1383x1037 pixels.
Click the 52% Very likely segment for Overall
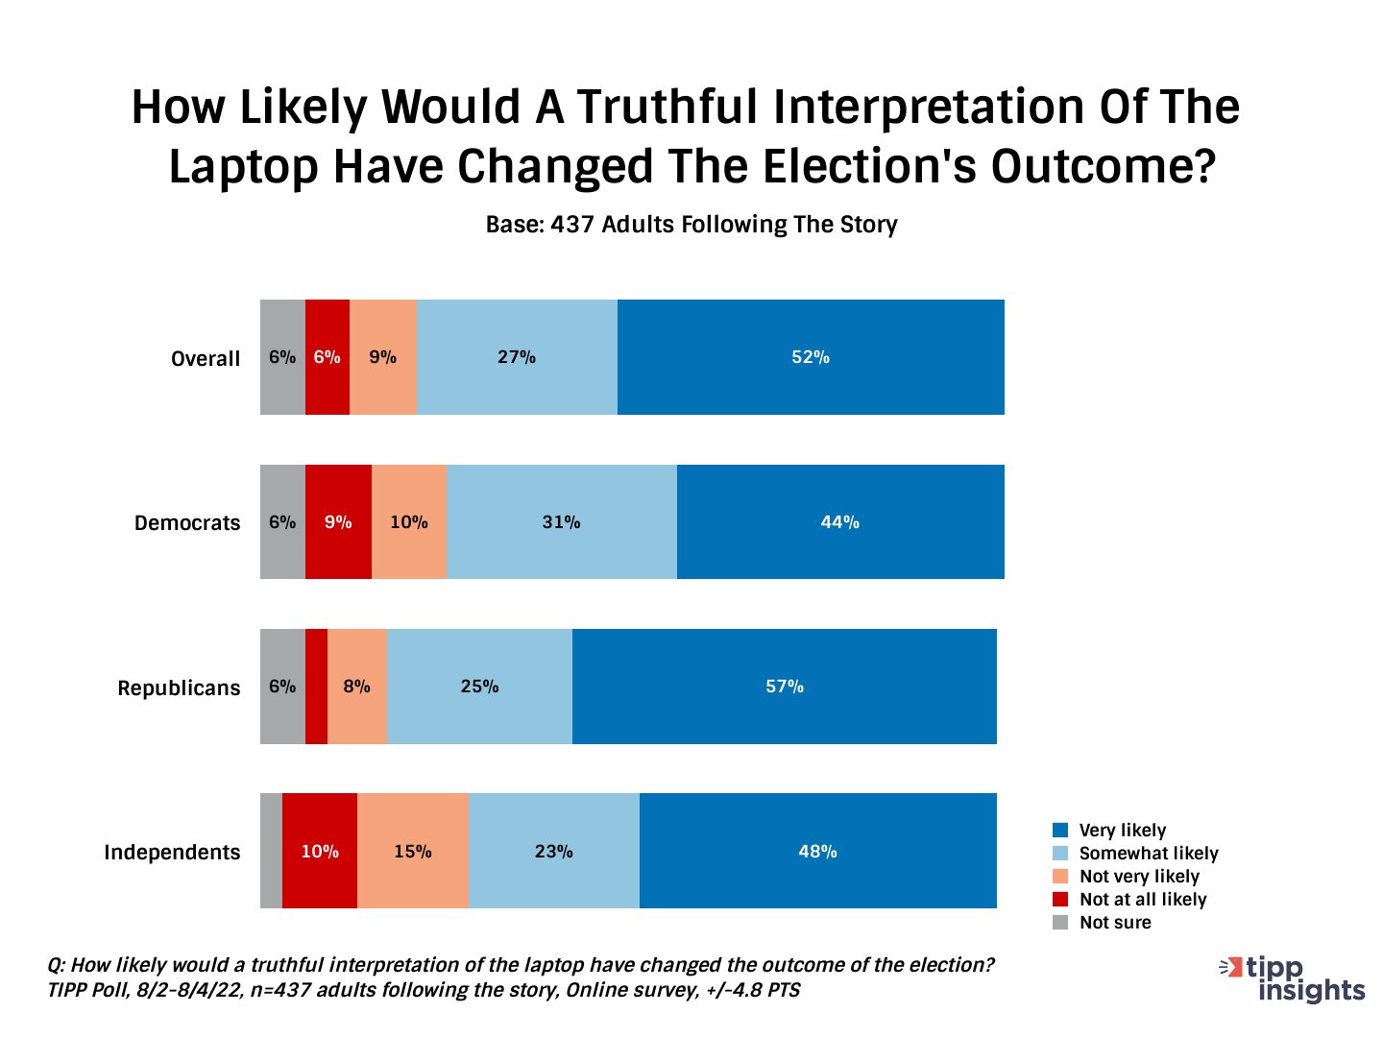click(811, 357)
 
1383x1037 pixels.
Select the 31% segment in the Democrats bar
click(562, 522)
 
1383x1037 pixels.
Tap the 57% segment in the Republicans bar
click(784, 687)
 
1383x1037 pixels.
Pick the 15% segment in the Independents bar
click(412, 852)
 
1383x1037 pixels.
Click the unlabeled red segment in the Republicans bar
click(316, 687)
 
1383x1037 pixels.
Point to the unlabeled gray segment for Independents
click(271, 852)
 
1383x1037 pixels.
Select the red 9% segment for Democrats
click(338, 522)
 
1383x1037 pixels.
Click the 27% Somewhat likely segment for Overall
click(517, 357)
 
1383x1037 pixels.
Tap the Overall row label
click(206, 358)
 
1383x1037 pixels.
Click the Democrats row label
click(187, 523)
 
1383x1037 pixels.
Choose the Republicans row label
click(179, 688)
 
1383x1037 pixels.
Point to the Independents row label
click(172, 853)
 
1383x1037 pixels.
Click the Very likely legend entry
click(1122, 831)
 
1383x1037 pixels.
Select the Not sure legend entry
click(1114, 923)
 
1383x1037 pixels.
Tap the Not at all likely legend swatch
click(1060, 900)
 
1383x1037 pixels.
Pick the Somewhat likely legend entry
click(1148, 854)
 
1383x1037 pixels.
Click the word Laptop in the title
click(243, 166)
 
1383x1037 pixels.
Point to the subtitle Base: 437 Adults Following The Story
click(691, 225)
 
